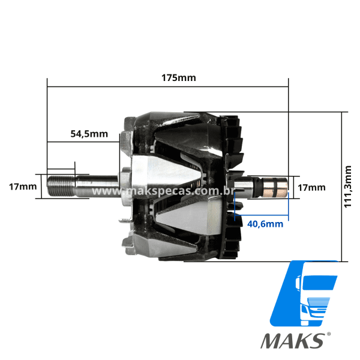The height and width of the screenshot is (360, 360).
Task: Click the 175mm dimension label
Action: pyautogui.click(x=179, y=78)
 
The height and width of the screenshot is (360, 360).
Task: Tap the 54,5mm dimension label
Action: pyautogui.click(x=89, y=134)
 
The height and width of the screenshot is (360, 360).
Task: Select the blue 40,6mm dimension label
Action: pyautogui.click(x=265, y=224)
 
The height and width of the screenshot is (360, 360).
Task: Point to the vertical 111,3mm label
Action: pyautogui.click(x=348, y=187)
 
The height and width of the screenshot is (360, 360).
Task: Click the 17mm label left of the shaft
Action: pyautogui.click(x=23, y=187)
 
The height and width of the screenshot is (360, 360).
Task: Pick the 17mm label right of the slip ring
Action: pyautogui.click(x=311, y=188)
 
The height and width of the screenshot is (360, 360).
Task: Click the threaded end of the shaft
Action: pyautogui.click(x=61, y=187)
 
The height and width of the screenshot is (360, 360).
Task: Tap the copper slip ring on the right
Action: pyautogui.click(x=275, y=187)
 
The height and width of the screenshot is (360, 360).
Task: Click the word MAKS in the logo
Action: pyautogui.click(x=292, y=341)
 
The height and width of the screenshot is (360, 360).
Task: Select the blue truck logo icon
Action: pyautogui.click(x=304, y=293)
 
